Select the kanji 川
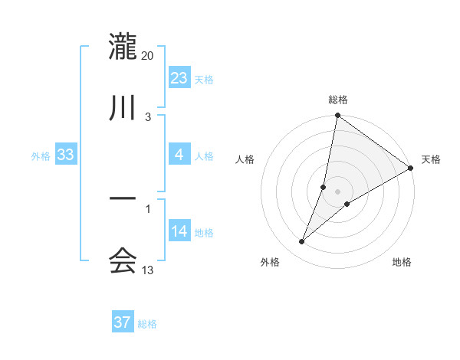(123, 107)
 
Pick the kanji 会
(123, 260)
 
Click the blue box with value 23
(179, 77)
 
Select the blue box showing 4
(179, 155)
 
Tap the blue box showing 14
(179, 231)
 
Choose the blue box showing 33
(65, 155)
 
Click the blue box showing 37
(123, 322)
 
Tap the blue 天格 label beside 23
(204, 80)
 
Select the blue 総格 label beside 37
(147, 324)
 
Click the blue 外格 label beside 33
(41, 156)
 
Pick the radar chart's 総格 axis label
(337, 100)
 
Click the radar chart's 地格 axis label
(402, 262)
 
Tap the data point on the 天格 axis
(411, 169)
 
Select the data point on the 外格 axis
(302, 242)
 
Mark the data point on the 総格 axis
(337, 116)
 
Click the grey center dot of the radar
(337, 191)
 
